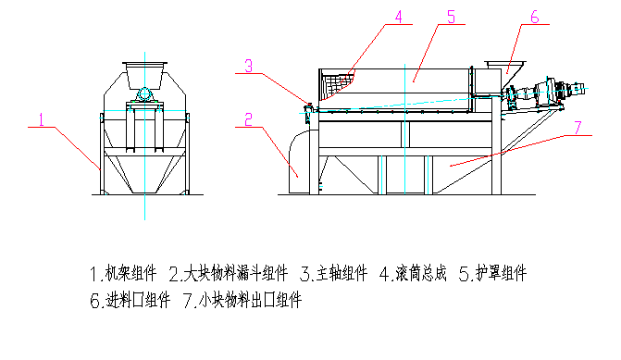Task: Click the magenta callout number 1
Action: pyautogui.click(x=42, y=119)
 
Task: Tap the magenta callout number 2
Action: pyautogui.click(x=248, y=119)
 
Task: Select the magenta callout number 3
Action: pyautogui.click(x=248, y=66)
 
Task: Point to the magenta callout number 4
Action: pyautogui.click(x=399, y=17)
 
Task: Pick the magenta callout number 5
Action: pyautogui.click(x=451, y=17)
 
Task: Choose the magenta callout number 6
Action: pyautogui.click(x=535, y=17)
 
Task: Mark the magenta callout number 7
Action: pyautogui.click(x=578, y=128)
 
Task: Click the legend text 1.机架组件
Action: pyautogui.click(x=123, y=273)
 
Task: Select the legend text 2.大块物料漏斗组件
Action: pyautogui.click(x=229, y=273)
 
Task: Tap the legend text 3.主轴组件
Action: pyautogui.click(x=334, y=273)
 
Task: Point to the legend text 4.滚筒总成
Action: pyautogui.click(x=413, y=273)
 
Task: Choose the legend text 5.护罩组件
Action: pyautogui.click(x=493, y=273)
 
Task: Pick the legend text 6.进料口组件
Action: pyautogui.click(x=130, y=300)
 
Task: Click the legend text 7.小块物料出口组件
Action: pyautogui.click(x=242, y=300)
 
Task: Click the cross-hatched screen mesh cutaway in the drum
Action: pyautogui.click(x=336, y=85)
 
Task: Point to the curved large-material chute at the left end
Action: pyautogui.click(x=300, y=162)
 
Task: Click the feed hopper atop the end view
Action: pyautogui.click(x=144, y=75)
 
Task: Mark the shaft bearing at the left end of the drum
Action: pyautogui.click(x=308, y=108)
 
